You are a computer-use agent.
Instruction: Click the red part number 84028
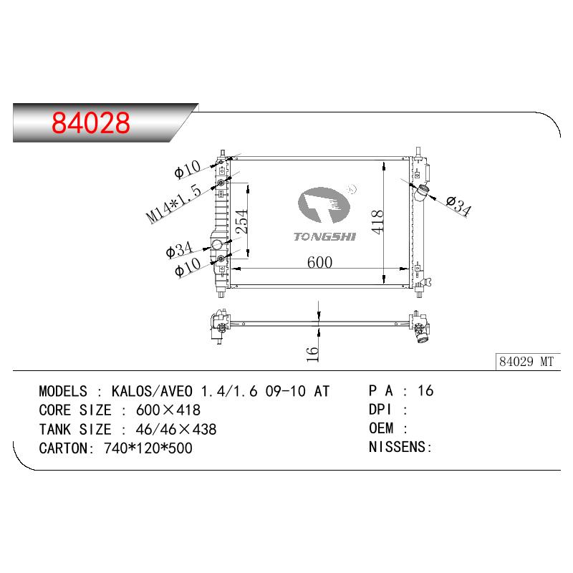pos(91,122)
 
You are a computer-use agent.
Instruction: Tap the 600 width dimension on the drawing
pos(319,262)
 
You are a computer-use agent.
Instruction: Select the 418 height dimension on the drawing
pos(377,222)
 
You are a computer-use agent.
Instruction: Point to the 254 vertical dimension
pos(241,221)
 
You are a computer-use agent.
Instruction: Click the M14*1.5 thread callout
pos(173,203)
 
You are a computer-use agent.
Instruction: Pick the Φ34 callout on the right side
pos(459,206)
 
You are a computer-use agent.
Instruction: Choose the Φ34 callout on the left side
pos(179,249)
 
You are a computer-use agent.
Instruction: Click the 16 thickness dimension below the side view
pos(312,354)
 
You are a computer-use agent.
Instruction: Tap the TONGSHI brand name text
pos(324,237)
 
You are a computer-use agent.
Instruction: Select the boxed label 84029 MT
pos(526,362)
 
